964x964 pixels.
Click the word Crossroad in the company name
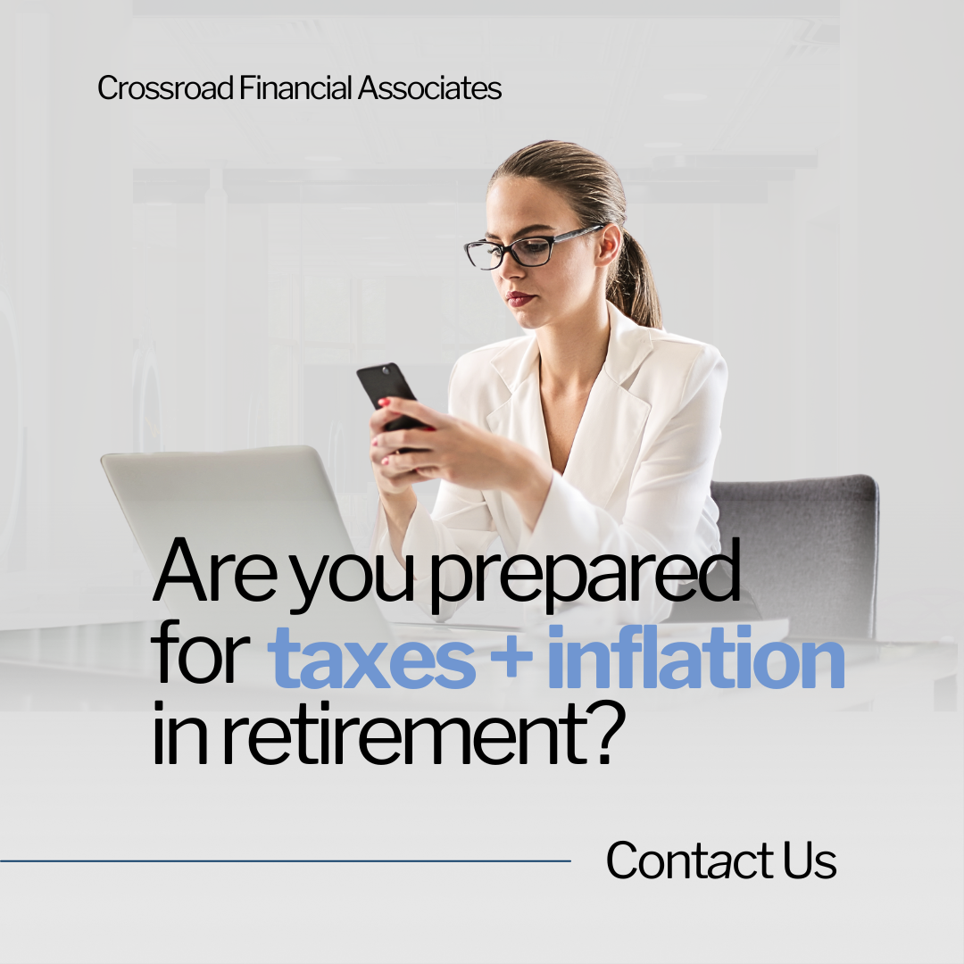[165, 87]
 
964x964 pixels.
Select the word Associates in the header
[429, 87]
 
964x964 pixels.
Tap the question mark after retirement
[605, 734]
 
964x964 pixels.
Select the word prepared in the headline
[584, 576]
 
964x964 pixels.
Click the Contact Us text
[721, 860]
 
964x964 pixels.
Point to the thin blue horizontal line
[286, 860]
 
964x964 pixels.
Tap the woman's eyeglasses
[532, 247]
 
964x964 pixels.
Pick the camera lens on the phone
[386, 370]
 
